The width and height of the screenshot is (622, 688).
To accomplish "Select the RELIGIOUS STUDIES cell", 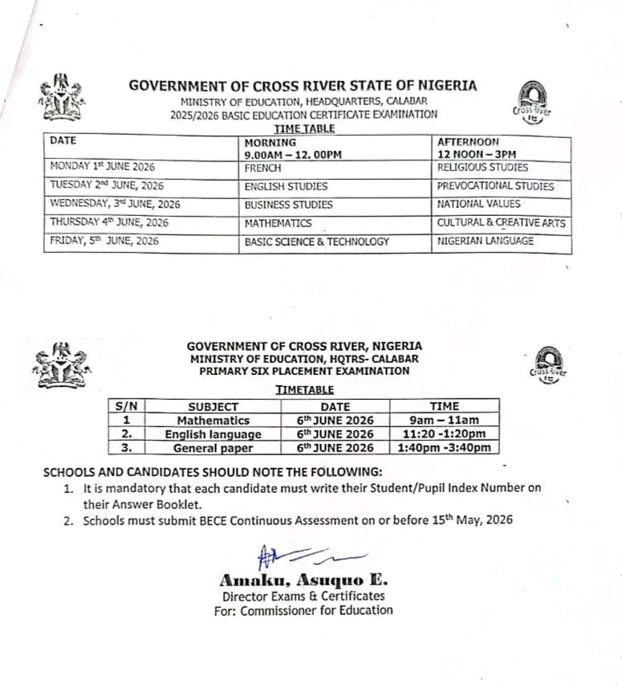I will tap(482, 168).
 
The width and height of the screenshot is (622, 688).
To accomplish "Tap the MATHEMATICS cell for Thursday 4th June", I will tap(279, 223).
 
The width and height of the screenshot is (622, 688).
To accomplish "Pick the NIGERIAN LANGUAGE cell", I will tap(485, 241).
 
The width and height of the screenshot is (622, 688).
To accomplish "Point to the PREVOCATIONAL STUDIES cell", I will tap(495, 186).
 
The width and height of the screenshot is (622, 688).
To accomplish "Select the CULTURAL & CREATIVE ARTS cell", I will tap(501, 222).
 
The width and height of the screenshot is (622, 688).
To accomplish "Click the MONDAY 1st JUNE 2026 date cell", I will tap(102, 168).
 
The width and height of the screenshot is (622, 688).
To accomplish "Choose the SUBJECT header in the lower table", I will tap(213, 406).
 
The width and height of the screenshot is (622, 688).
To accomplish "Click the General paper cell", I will tap(213, 448).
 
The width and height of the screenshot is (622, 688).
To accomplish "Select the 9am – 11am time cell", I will tap(444, 420).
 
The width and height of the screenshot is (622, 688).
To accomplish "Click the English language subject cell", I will tap(213, 434).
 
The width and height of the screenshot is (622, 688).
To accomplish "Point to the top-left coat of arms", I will tap(60, 100).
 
